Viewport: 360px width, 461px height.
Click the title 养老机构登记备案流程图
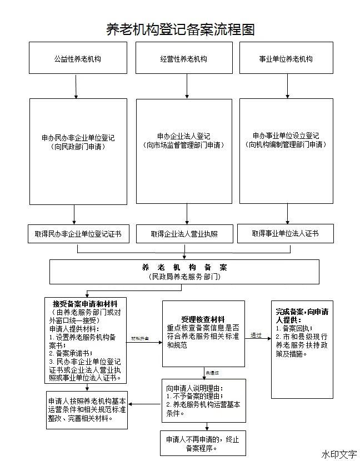(180, 29)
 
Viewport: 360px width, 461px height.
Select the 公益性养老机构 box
(77, 58)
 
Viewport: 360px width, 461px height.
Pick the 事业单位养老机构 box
(286, 58)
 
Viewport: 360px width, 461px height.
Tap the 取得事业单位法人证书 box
(286, 233)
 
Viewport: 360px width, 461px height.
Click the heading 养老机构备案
(184, 267)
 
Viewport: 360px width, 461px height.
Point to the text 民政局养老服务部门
(184, 276)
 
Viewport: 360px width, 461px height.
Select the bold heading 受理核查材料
(202, 319)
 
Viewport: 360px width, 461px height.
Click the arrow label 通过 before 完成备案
(256, 335)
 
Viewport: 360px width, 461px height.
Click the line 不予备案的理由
(194, 396)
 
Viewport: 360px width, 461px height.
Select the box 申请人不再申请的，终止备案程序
(202, 443)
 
